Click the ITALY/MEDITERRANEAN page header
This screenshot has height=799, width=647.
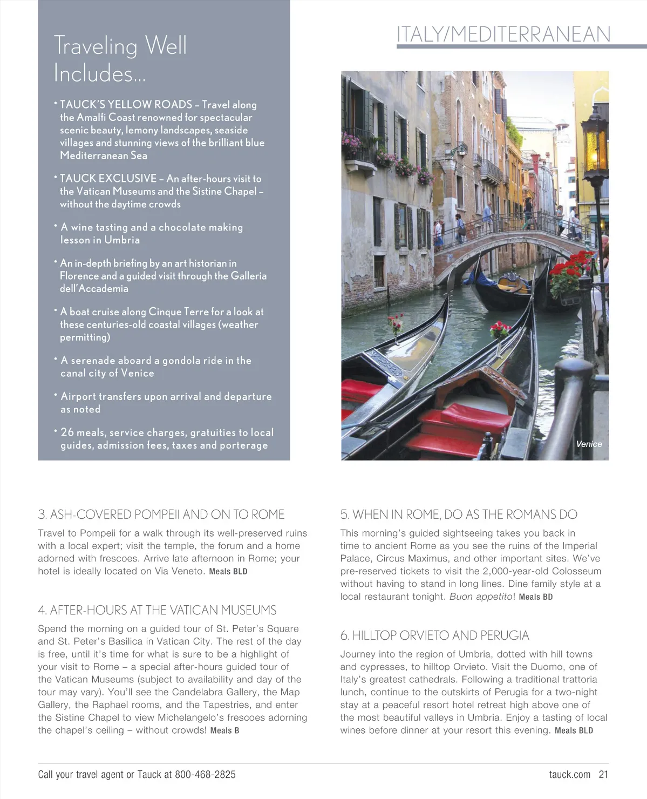pyautogui.click(x=503, y=34)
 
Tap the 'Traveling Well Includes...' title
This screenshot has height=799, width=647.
pyautogui.click(x=120, y=59)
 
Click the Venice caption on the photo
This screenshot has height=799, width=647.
pyautogui.click(x=589, y=444)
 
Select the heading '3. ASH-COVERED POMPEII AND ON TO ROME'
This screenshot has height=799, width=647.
pyautogui.click(x=161, y=514)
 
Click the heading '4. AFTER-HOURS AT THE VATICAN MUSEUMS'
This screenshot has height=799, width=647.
pyautogui.click(x=157, y=610)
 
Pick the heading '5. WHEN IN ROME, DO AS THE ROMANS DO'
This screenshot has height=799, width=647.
pyautogui.click(x=458, y=514)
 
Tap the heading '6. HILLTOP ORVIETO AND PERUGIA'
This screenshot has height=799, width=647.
pyautogui.click(x=434, y=635)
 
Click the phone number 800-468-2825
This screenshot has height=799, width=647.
pyautogui.click(x=205, y=775)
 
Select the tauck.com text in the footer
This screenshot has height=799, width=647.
pyautogui.click(x=569, y=775)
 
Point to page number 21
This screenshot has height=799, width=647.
pyautogui.click(x=603, y=775)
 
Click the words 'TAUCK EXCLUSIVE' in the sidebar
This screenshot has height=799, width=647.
pyautogui.click(x=108, y=178)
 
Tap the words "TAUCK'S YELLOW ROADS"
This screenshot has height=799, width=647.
pyautogui.click(x=126, y=104)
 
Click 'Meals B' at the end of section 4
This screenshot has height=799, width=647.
pyautogui.click(x=224, y=730)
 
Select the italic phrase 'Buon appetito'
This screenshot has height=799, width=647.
pyautogui.click(x=480, y=597)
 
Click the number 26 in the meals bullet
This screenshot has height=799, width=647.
pyautogui.click(x=67, y=432)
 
